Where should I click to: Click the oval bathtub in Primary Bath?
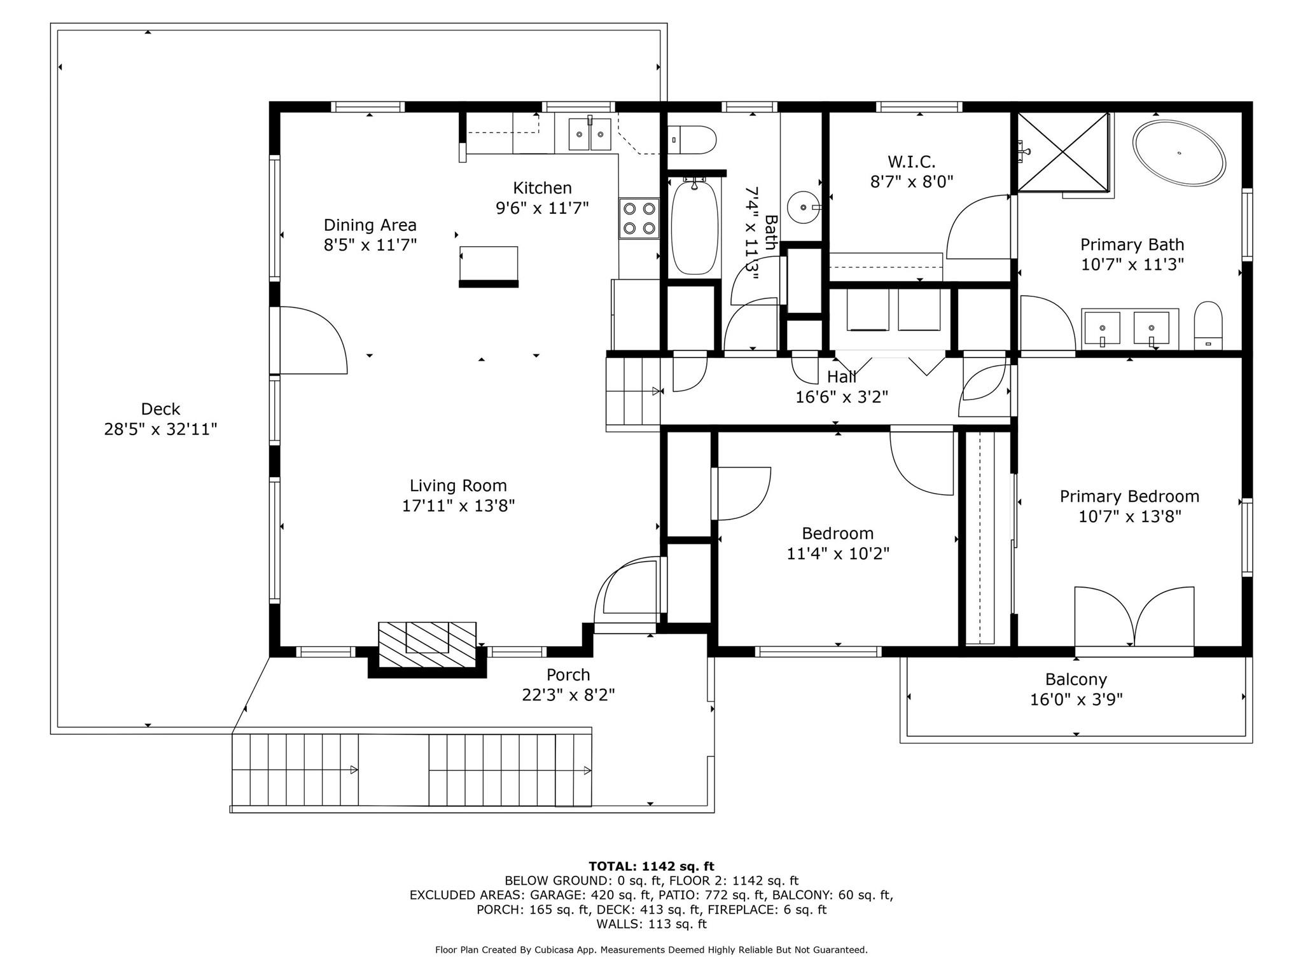pyautogui.click(x=1178, y=153)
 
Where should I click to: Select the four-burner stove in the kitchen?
pyautogui.click(x=639, y=218)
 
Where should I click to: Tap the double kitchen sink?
pyautogui.click(x=590, y=134)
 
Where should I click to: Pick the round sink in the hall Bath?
pyautogui.click(x=804, y=207)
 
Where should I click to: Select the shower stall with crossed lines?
pyautogui.click(x=1063, y=152)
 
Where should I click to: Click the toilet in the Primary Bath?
pyautogui.click(x=1208, y=326)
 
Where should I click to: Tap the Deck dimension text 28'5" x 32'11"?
pyautogui.click(x=160, y=429)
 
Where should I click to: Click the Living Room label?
pyautogui.click(x=458, y=486)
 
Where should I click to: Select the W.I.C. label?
pyautogui.click(x=911, y=162)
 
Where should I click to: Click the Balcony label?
pyautogui.click(x=1076, y=679)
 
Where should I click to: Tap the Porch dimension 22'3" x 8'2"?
pyautogui.click(x=568, y=695)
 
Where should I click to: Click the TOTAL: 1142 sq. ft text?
pyautogui.click(x=651, y=866)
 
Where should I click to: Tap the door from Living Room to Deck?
pyautogui.click(x=312, y=340)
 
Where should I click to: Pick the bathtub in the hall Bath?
pyautogui.click(x=695, y=227)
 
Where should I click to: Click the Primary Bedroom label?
pyautogui.click(x=1129, y=496)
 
